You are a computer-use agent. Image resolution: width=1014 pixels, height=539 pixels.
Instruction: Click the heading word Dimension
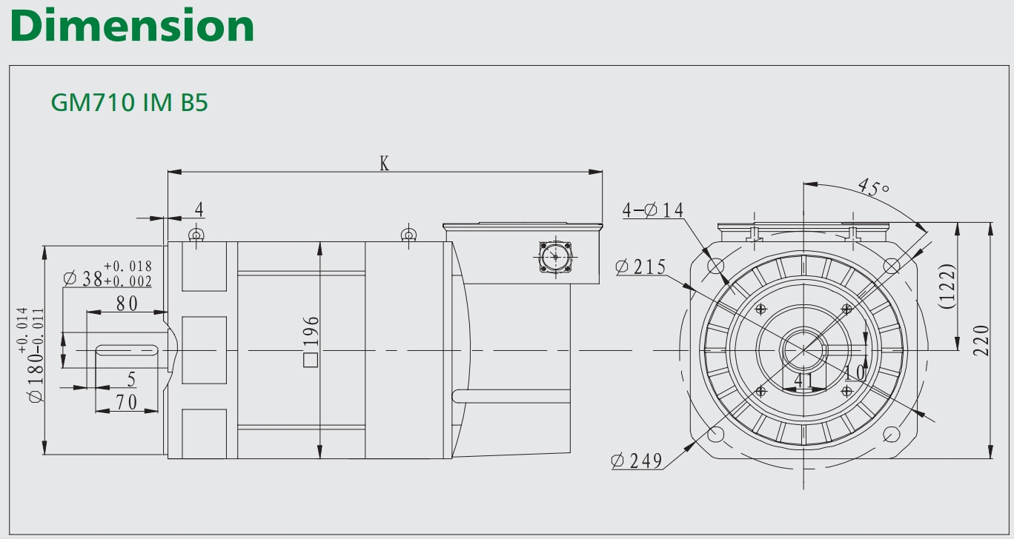[x=132, y=26]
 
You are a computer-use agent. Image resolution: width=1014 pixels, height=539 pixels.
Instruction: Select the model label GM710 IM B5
[x=130, y=102]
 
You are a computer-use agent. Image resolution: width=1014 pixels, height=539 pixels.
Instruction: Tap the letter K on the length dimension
[x=384, y=163]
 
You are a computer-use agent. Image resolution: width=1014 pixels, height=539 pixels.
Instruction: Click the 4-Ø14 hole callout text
[x=653, y=210]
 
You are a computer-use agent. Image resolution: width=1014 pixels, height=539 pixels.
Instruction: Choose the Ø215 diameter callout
[x=640, y=267]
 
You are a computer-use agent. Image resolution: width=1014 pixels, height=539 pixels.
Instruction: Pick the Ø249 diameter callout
[x=637, y=461]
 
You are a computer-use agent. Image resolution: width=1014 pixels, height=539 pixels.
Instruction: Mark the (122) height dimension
[x=948, y=287]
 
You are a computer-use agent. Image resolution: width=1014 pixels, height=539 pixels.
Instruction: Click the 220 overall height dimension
[x=981, y=341]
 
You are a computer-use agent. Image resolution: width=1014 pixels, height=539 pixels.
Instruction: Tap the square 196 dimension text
[x=311, y=341]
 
